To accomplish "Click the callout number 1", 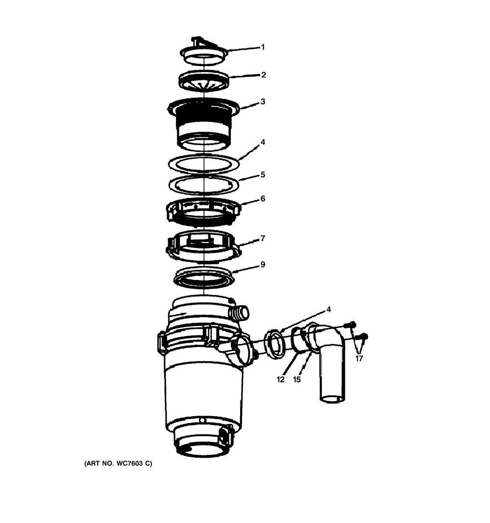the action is tap(263, 48).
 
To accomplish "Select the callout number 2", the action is tap(263, 75).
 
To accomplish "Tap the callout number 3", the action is tap(263, 101).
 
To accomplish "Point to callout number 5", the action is tap(263, 174).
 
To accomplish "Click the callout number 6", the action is tap(263, 199).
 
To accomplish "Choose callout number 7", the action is tap(263, 239).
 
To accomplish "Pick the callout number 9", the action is tap(263, 265).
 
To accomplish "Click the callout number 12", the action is tap(281, 379).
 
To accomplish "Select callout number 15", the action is tap(296, 379).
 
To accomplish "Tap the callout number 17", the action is tap(359, 359).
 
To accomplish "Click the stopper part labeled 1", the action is tap(204, 51).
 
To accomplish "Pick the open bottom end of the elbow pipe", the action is tap(331, 398).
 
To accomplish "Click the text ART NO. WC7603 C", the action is tap(118, 463).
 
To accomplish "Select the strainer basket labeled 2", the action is tap(204, 81).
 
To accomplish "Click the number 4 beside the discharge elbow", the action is tap(329, 309).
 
